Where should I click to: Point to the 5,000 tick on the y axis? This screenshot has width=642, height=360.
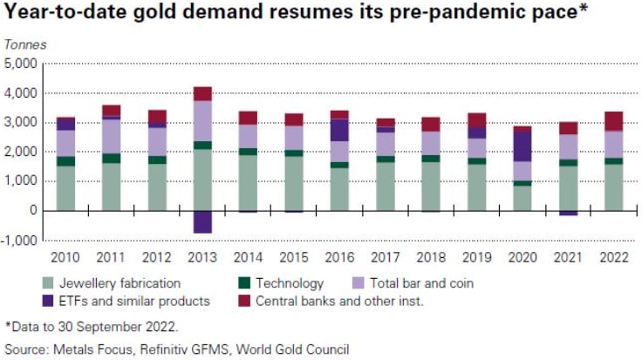[21, 64]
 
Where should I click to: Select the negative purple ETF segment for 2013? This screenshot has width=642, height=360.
[202, 221]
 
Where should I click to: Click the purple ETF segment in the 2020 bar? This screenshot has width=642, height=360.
[522, 146]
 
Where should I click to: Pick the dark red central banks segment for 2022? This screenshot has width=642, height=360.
[612, 121]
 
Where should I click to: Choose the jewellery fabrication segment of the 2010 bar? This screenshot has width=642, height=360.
[65, 187]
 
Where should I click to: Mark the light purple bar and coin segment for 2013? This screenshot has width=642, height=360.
[202, 121]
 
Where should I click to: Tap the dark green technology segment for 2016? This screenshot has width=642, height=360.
[339, 165]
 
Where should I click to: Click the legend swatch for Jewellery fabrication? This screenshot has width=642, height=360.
[48, 282]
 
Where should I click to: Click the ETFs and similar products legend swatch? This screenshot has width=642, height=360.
[48, 301]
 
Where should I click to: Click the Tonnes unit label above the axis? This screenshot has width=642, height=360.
[26, 44]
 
